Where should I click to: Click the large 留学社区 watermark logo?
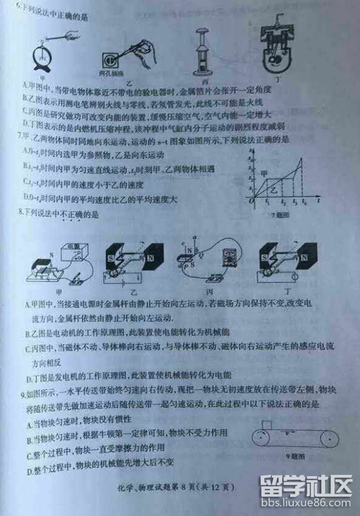(305, 485)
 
